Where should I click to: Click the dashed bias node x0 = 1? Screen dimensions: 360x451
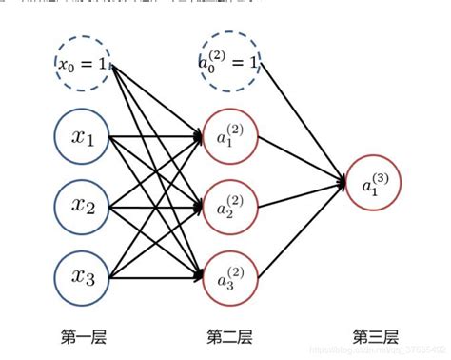84,64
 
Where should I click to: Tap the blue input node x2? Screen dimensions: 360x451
84,205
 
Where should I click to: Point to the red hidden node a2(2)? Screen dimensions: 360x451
229,205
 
